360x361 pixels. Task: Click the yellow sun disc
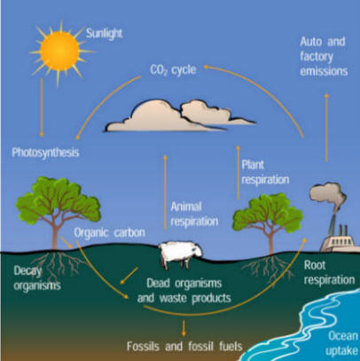point(60,51)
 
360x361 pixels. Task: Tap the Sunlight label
point(104,34)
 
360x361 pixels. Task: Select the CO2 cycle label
point(173,70)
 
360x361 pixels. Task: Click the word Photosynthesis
point(45,153)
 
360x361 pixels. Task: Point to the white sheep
point(180,254)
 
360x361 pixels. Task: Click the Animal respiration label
point(194,214)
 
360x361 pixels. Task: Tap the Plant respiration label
point(265,172)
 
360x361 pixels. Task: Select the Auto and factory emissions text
point(324,57)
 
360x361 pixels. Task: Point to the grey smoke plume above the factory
point(327,196)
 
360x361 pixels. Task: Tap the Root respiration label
point(329,272)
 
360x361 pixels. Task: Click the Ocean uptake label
point(342,343)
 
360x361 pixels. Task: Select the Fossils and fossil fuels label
point(184,346)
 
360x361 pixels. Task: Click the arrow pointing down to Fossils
point(184,328)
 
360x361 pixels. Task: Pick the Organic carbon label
point(109,232)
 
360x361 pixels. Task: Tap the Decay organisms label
point(37,279)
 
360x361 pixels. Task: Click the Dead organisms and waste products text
point(184,291)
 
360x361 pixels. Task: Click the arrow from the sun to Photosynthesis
point(42,107)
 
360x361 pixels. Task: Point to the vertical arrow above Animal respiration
point(165,192)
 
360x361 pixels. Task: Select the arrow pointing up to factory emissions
point(326,128)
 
